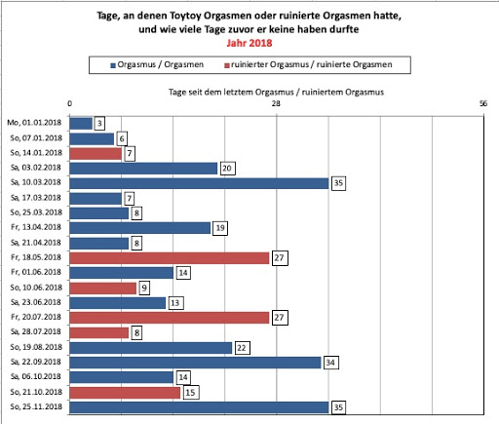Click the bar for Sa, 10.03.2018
[199, 183]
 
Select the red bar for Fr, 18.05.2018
[170, 258]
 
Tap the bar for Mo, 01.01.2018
[81, 124]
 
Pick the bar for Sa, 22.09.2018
[195, 363]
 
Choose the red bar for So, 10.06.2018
[103, 289]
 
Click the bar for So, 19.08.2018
[151, 348]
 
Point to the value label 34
[330, 363]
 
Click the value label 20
[227, 169]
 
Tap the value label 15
[191, 393]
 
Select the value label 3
[99, 124]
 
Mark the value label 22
[242, 348]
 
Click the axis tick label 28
[276, 103]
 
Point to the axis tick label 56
[483, 103]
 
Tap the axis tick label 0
[69, 103]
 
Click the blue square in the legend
[113, 65]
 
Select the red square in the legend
[227, 65]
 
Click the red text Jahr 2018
[249, 43]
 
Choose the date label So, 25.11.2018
[36, 406]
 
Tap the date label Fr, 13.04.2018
[36, 227]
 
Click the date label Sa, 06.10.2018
[36, 376]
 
